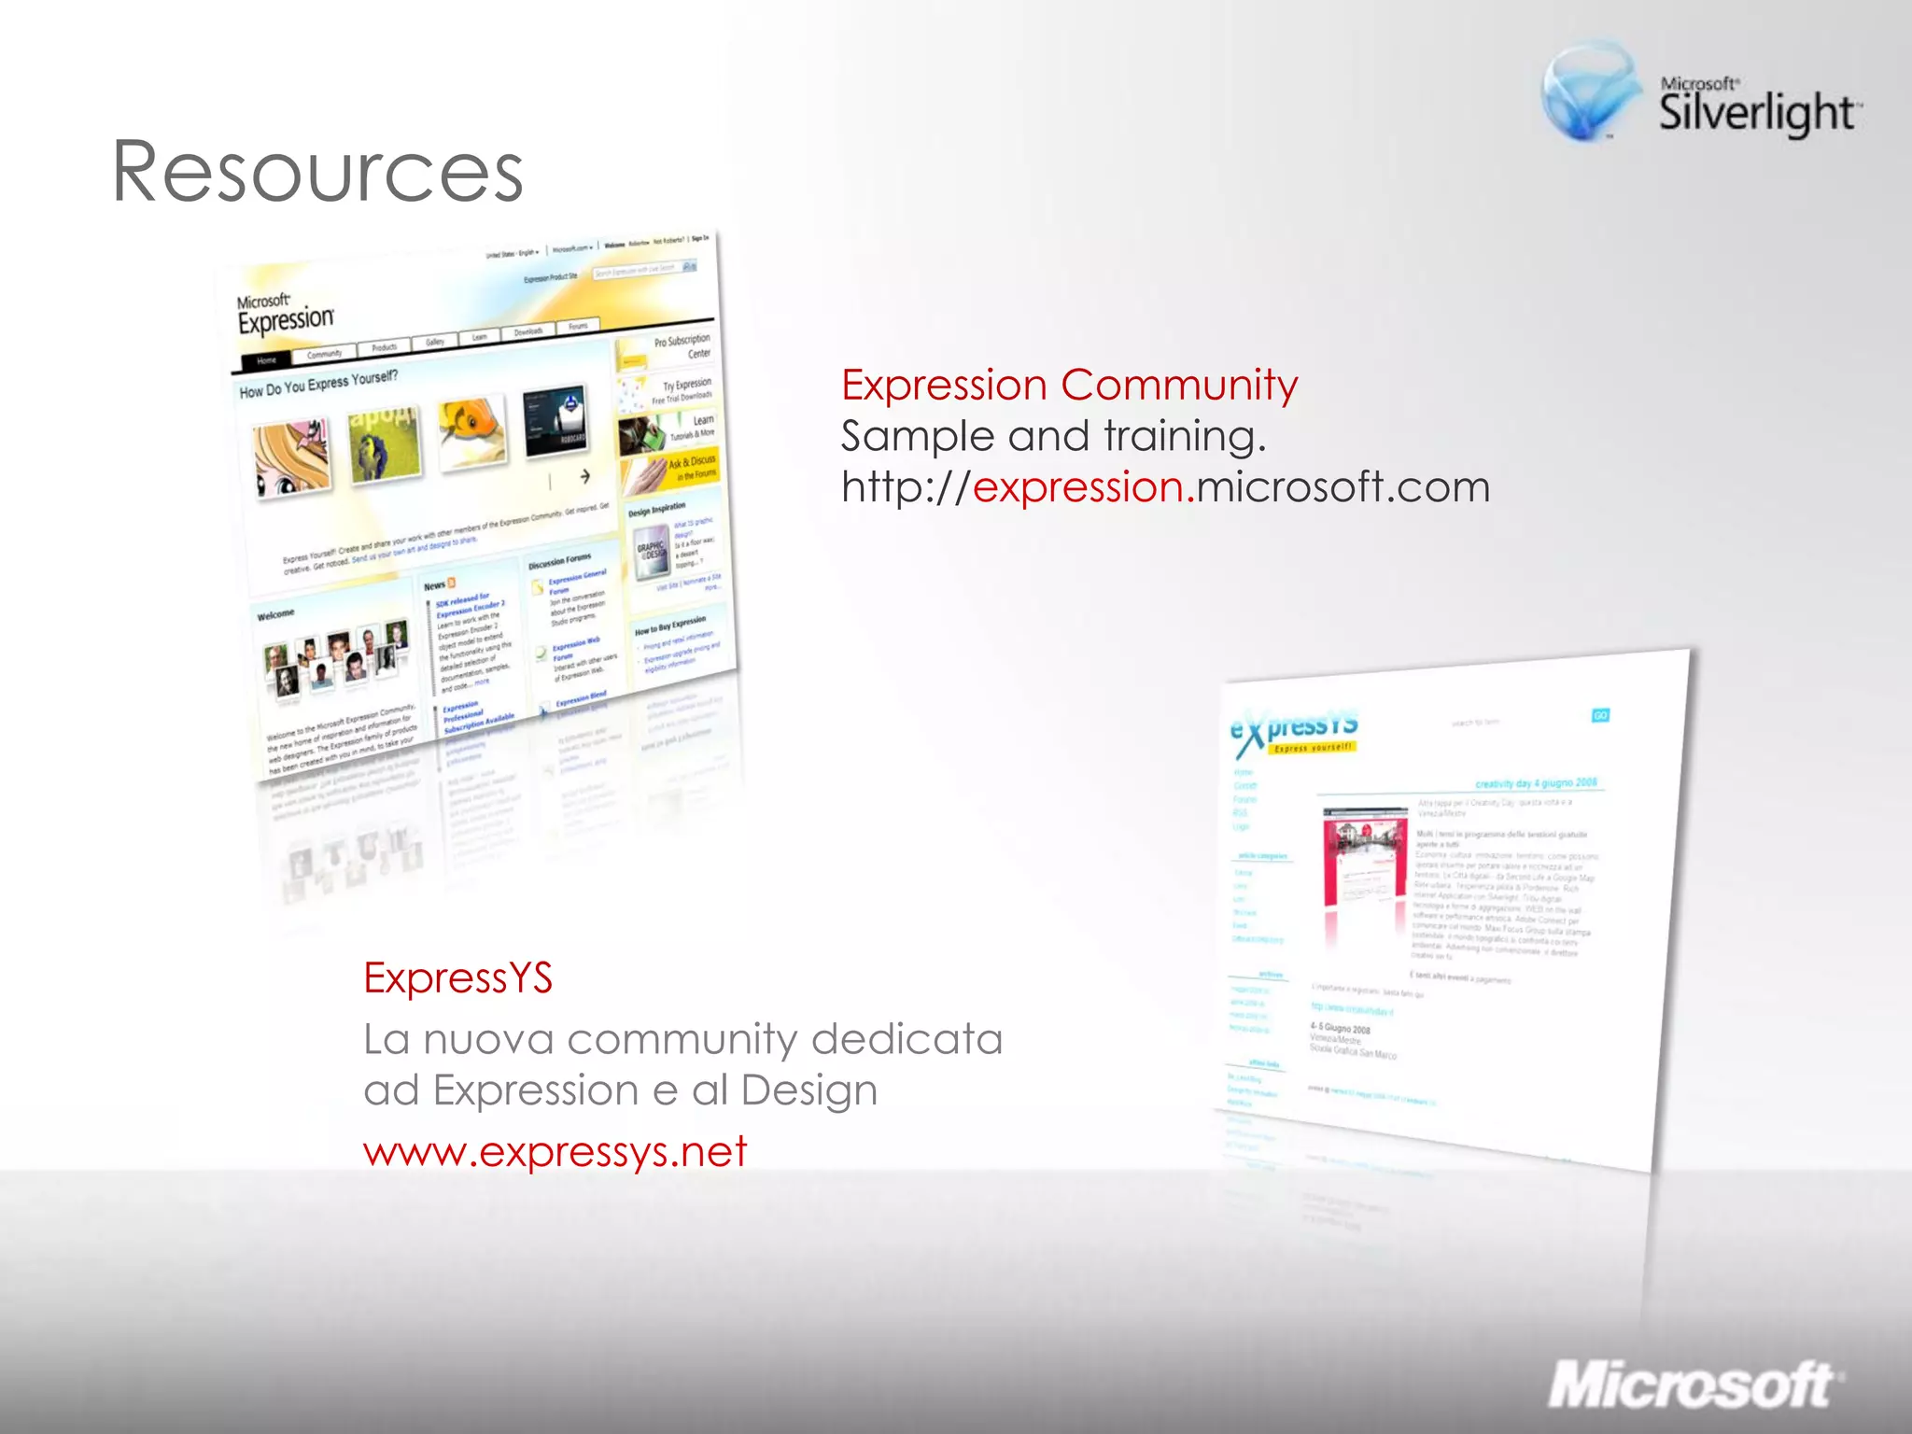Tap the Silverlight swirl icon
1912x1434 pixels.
pyautogui.click(x=1590, y=91)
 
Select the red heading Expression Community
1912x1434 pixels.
pyautogui.click(x=1069, y=385)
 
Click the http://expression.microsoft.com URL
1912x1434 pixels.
pyautogui.click(x=1165, y=487)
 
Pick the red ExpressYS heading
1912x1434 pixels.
pyautogui.click(x=457, y=977)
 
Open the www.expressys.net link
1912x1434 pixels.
pyautogui.click(x=555, y=1152)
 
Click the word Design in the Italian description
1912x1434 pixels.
pyautogui.click(x=808, y=1090)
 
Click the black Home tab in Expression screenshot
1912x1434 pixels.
pyautogui.click(x=266, y=360)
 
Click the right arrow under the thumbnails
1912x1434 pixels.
pyautogui.click(x=585, y=476)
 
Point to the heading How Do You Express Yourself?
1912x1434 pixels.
pyautogui.click(x=318, y=384)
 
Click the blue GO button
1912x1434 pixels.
pyautogui.click(x=1600, y=715)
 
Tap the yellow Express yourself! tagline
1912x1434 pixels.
pyautogui.click(x=1313, y=748)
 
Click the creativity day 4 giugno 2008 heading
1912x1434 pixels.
pyautogui.click(x=1536, y=782)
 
